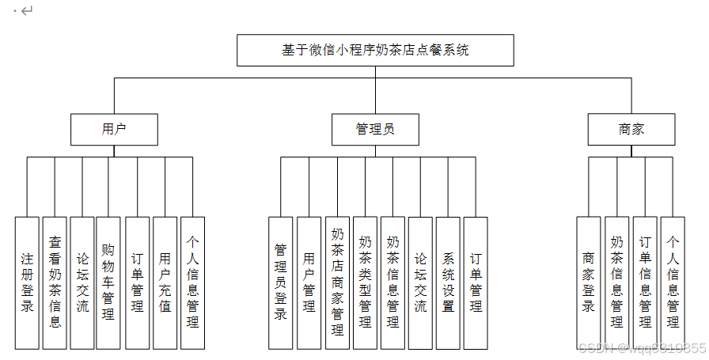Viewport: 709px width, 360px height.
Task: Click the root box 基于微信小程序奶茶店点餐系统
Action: pyautogui.click(x=376, y=50)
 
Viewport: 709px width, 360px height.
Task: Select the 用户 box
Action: pyautogui.click(x=114, y=130)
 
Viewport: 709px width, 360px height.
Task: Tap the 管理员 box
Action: pyautogui.click(x=375, y=130)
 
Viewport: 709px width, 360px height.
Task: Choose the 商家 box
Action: pyautogui.click(x=631, y=130)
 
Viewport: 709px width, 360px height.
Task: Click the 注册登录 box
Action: pyautogui.click(x=27, y=282)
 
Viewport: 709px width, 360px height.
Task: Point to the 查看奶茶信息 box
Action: pyautogui.click(x=55, y=282)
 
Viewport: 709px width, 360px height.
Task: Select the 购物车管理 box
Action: pyautogui.click(x=108, y=282)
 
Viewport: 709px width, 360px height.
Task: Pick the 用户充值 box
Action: pyautogui.click(x=165, y=282)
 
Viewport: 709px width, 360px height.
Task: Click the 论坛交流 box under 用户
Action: pyautogui.click(x=82, y=282)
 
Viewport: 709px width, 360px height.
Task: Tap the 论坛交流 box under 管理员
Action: pyautogui.click(x=420, y=282)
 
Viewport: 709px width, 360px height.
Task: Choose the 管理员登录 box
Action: pyautogui.click(x=281, y=282)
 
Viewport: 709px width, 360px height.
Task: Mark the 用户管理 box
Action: pyautogui.click(x=309, y=282)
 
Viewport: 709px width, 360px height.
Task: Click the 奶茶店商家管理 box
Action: pyautogui.click(x=337, y=282)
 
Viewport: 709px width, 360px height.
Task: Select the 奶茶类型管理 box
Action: pyautogui.click(x=365, y=282)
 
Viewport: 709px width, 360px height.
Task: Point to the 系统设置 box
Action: pyautogui.click(x=448, y=282)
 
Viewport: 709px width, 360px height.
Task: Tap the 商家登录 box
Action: pyautogui.click(x=589, y=282)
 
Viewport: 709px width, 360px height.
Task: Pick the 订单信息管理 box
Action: pyautogui.click(x=645, y=282)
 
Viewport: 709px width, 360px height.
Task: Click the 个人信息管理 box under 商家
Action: pyautogui.click(x=673, y=282)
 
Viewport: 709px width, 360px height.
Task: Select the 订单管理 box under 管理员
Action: pyautogui.click(x=476, y=282)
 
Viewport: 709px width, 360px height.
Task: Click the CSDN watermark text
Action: pyautogui.click(x=641, y=349)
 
